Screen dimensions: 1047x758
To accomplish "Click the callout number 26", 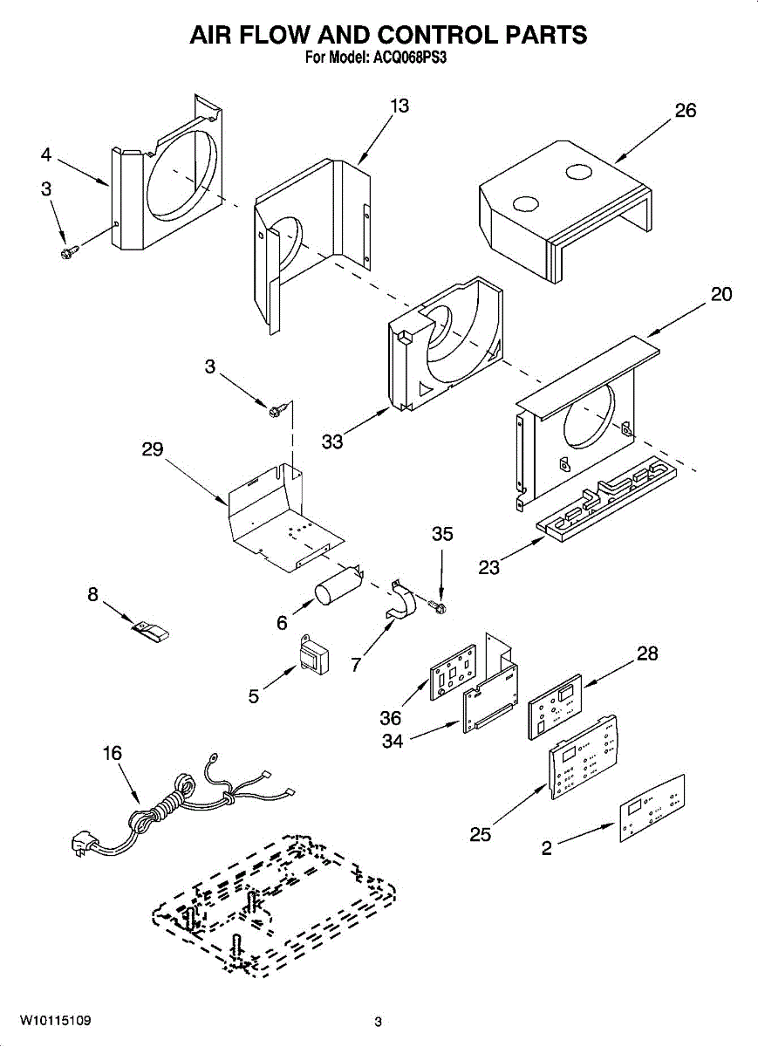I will click(686, 111).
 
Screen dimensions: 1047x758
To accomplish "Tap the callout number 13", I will click(399, 106).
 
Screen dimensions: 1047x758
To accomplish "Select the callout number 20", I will click(720, 294).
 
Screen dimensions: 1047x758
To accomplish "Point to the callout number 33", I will click(332, 441).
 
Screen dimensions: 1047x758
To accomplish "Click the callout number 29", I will click(153, 449).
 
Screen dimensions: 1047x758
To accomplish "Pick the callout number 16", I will click(113, 753).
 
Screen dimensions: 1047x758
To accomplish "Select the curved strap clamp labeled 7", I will click(402, 603).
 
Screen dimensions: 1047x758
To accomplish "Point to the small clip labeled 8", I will click(151, 628).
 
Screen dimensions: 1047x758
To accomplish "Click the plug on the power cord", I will click(85, 845).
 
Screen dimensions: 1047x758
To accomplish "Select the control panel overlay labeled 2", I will click(652, 808).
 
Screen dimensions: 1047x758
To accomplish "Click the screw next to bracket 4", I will click(68, 251).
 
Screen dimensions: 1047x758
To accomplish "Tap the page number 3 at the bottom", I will click(378, 1022).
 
